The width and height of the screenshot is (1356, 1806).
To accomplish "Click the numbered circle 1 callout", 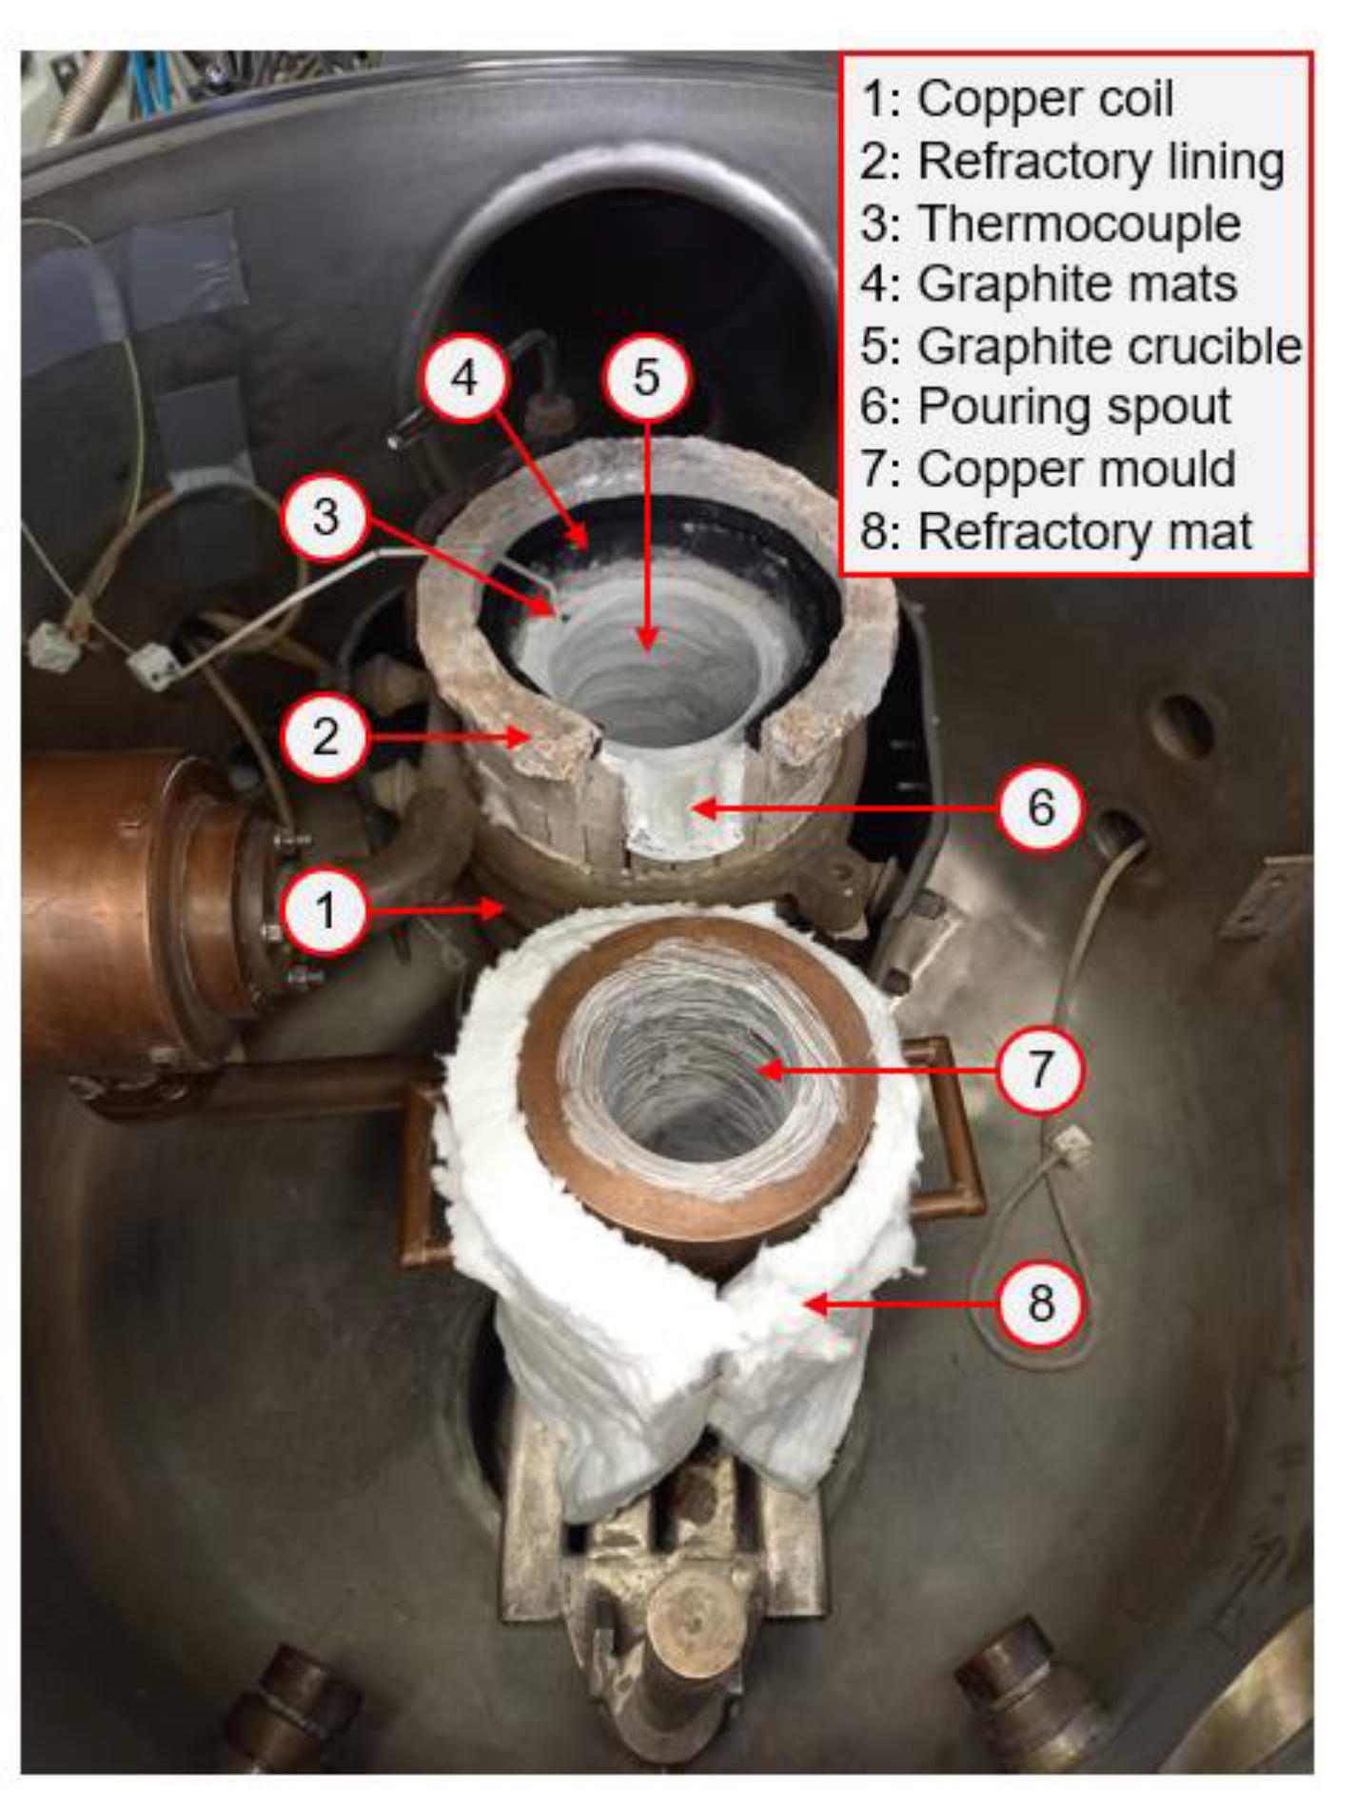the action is coord(325,911).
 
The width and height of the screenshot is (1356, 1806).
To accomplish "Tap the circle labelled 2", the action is coord(325,737).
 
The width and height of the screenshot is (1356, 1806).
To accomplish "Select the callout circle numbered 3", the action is coord(325,516).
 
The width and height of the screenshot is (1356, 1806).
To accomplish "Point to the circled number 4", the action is coord(464,378).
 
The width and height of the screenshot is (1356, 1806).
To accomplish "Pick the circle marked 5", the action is coord(646,378).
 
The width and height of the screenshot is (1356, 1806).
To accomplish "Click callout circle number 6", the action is coord(1041,808).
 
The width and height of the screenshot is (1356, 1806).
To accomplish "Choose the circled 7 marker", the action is coord(1041,1069).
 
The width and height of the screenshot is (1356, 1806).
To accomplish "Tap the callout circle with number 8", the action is coord(1041,1302).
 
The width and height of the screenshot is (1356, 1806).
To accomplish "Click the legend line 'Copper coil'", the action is coord(1016,99).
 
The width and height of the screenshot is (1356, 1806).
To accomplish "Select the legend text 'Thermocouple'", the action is coord(1051,225).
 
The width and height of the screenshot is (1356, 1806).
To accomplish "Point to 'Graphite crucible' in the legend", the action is coord(1081,347).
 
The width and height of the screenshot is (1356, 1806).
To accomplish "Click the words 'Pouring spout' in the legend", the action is coord(1045,407).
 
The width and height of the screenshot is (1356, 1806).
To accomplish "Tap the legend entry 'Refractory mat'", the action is coord(1056,531).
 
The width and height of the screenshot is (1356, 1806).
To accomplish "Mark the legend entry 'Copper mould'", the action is coord(1048,469).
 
